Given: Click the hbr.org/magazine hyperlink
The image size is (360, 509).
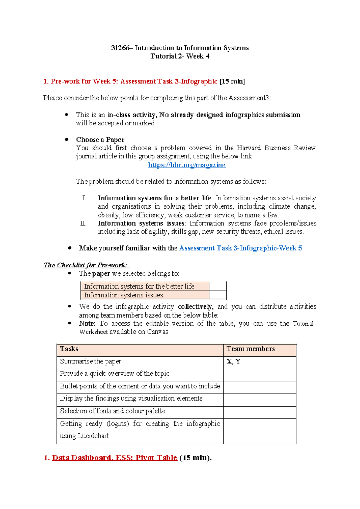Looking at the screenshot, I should pos(187,165).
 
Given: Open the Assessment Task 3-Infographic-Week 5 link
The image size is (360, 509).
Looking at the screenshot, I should pos(241,248).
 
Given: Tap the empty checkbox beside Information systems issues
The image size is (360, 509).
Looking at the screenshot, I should pos(217,295).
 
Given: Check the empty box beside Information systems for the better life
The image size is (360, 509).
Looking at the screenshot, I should pos(217,286).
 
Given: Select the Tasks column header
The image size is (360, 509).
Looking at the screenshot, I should pos(69,349).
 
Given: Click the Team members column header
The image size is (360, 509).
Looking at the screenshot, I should pos(250,349).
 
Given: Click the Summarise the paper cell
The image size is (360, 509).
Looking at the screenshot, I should pos(91,361).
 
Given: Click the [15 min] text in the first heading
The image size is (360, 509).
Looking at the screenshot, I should pos(232,81).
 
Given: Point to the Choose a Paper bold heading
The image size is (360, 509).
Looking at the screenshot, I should pos(100,140).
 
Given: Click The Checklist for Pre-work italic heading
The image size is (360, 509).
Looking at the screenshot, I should pos(86,265).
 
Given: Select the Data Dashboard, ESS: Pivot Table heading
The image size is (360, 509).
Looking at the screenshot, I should pos(114,458).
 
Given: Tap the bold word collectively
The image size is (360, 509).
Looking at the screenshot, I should pos(195,306).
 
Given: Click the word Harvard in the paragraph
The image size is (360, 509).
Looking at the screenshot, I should pos(249,148).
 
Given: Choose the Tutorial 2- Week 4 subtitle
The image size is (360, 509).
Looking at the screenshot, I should pos(180,56).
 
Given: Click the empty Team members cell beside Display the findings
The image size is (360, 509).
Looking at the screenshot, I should pos(259,399).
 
